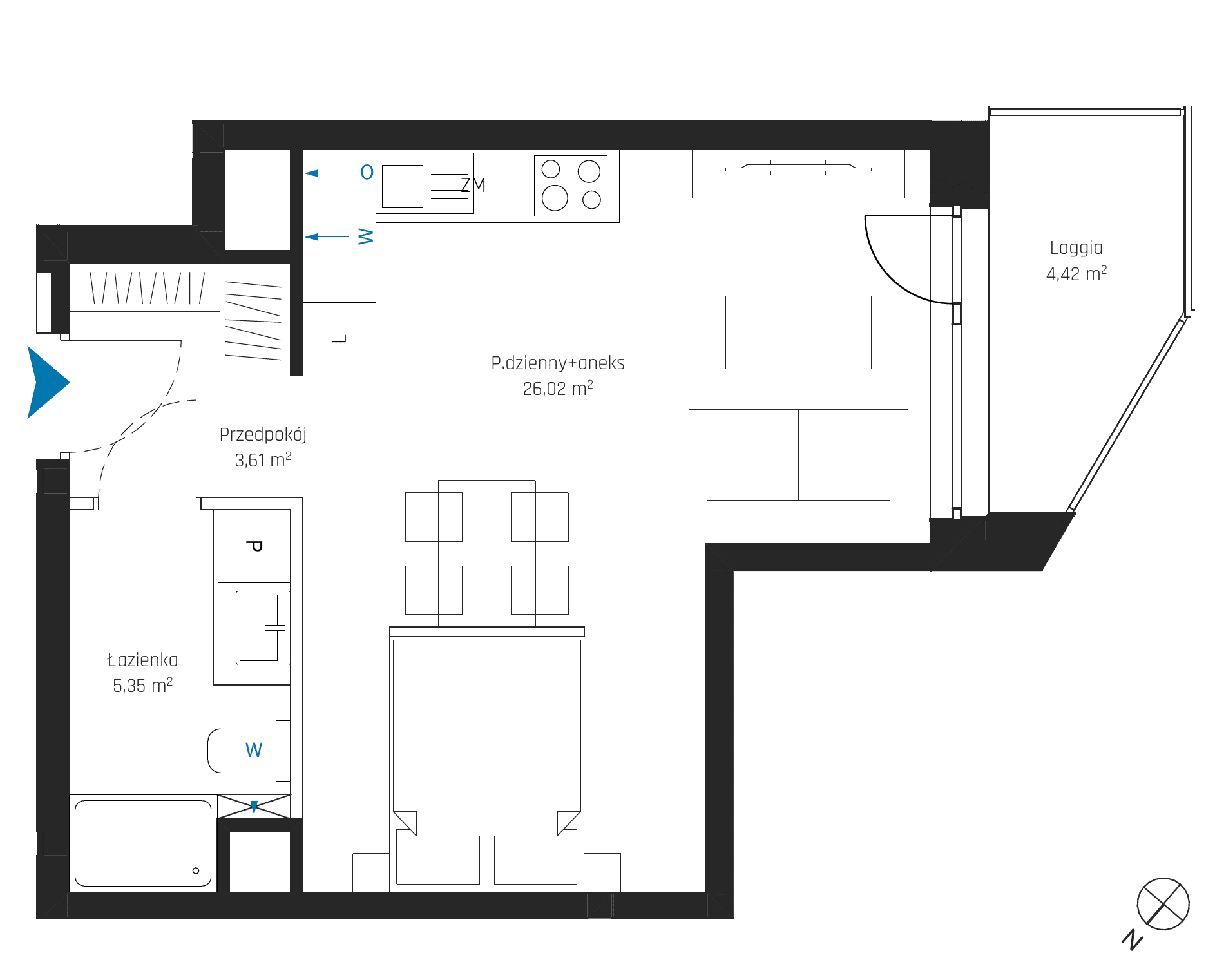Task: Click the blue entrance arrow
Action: coord(46,383)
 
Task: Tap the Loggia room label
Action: coord(1076,248)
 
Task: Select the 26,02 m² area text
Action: coord(557,389)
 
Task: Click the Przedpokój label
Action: coord(263,435)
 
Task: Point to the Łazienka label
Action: coord(142,660)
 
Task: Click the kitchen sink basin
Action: coord(403,186)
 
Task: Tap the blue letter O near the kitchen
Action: coord(367,173)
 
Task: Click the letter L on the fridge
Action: coord(339,339)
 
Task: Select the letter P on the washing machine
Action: coord(254,546)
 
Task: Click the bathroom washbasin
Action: coord(259,628)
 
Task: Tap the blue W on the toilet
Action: coord(254,750)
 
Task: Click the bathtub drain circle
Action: coord(196,870)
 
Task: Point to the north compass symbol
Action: coord(1163,903)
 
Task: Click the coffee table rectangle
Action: coord(798,332)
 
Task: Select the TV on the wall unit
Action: coord(798,168)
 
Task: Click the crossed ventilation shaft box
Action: coord(254,807)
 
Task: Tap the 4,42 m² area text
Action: coord(1076,274)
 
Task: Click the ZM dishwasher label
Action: coord(474,186)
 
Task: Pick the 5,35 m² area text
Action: coord(142,686)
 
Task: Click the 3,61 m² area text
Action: coord(263,460)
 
